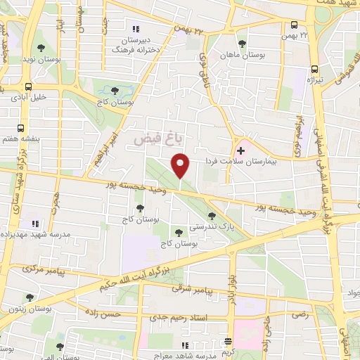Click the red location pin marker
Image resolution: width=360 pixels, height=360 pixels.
[x=181, y=167]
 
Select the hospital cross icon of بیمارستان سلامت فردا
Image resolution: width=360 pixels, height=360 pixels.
[x=240, y=150]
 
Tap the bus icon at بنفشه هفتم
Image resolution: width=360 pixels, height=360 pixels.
[x=20, y=129]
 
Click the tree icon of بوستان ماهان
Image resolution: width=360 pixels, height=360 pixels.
[x=243, y=44]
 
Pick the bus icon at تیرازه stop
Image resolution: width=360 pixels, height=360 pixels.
[x=314, y=70]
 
